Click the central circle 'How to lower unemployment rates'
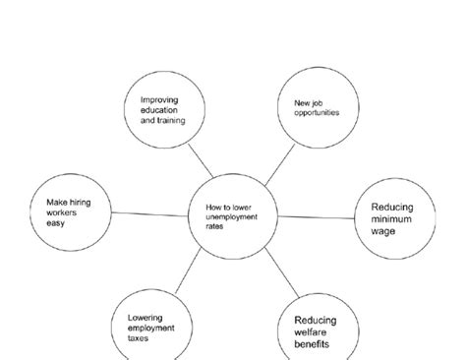pos(232,215)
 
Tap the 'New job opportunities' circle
pos(316,106)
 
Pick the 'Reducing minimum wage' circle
pos(392,218)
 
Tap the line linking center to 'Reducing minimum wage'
pos(316,217)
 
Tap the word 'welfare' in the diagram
pos(313,332)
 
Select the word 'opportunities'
pos(316,112)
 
